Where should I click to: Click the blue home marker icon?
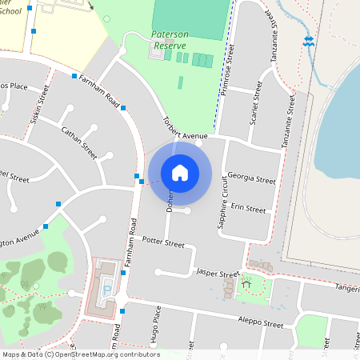coord(180,172)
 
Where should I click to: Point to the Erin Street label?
coord(247,208)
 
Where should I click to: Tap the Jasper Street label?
coord(217,273)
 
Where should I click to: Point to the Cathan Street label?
coord(78,142)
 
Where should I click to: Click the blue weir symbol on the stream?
coord(309,42)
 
